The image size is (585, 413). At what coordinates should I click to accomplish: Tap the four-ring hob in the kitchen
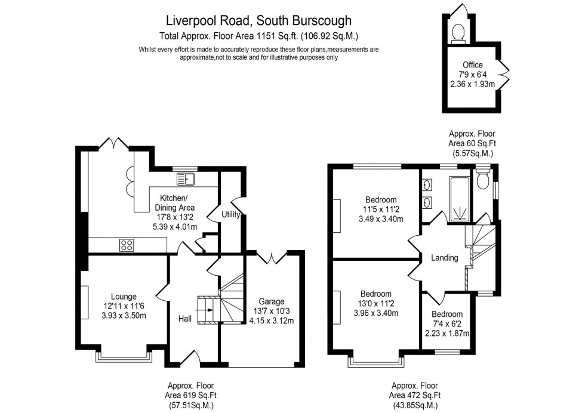click(x=127, y=244)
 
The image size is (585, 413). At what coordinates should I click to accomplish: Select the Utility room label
click(x=230, y=214)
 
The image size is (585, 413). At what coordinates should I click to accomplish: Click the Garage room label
click(x=271, y=301)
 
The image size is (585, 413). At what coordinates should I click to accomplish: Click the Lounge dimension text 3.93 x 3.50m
click(x=124, y=316)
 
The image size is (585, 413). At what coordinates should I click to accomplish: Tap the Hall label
click(x=184, y=319)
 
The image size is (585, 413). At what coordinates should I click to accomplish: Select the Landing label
click(x=445, y=258)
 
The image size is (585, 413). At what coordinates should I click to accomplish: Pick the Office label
click(x=472, y=65)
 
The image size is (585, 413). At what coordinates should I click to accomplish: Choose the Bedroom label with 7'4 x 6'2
click(x=447, y=315)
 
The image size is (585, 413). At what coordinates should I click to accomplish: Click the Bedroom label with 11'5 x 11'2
click(x=381, y=199)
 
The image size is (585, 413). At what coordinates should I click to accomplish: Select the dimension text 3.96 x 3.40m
click(x=375, y=313)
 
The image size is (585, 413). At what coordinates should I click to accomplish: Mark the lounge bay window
click(x=125, y=357)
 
